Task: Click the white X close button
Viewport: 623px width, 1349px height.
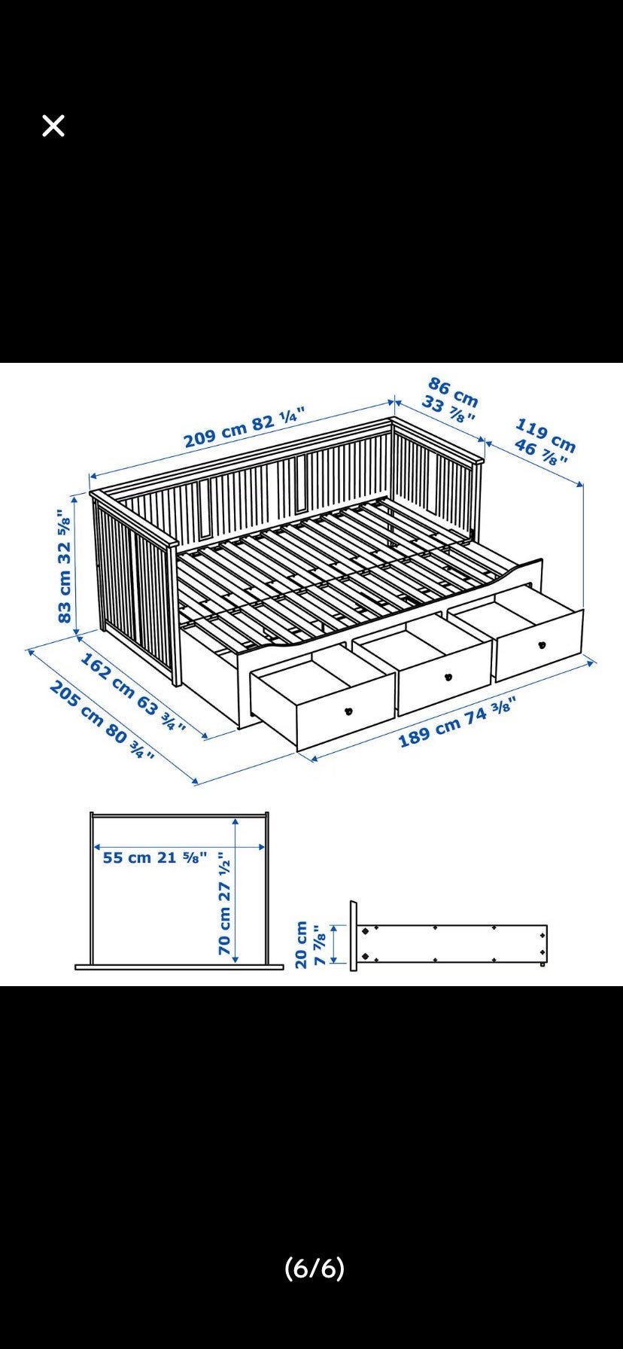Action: coord(53,126)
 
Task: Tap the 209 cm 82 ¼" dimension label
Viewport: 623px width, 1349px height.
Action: coord(245,428)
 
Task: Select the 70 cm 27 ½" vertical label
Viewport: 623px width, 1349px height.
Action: coord(225,903)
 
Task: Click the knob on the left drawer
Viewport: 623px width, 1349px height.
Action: coord(348,710)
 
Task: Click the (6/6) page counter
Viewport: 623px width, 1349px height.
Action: coord(315,1269)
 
